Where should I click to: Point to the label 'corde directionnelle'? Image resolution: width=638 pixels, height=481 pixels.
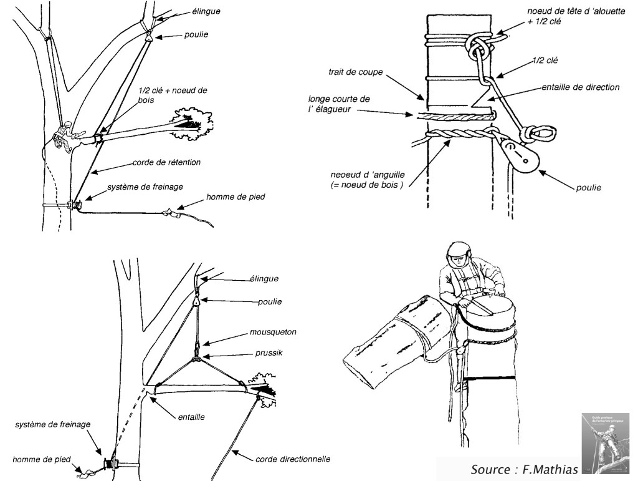(x=293, y=460)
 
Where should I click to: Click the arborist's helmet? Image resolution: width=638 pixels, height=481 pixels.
(x=458, y=251)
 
